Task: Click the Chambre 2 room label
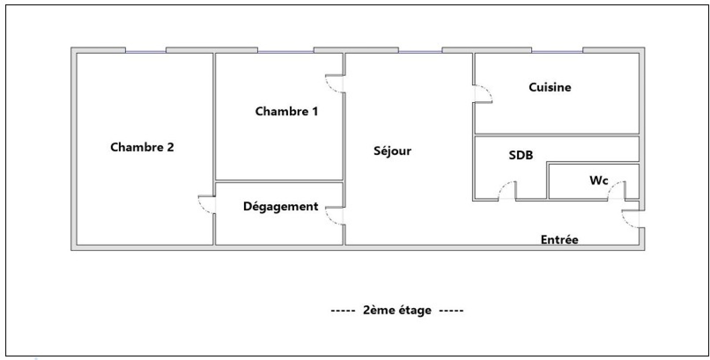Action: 142,147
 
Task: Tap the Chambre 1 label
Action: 286,111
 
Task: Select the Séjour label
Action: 392,151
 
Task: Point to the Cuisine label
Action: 550,87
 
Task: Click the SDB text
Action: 521,155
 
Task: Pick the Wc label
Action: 599,180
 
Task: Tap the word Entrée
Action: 559,240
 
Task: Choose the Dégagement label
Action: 280,206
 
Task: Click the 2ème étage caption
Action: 397,310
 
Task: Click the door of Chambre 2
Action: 207,205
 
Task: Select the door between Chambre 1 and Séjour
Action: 335,83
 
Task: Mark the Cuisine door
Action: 483,93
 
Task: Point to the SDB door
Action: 507,191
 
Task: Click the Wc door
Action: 616,191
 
